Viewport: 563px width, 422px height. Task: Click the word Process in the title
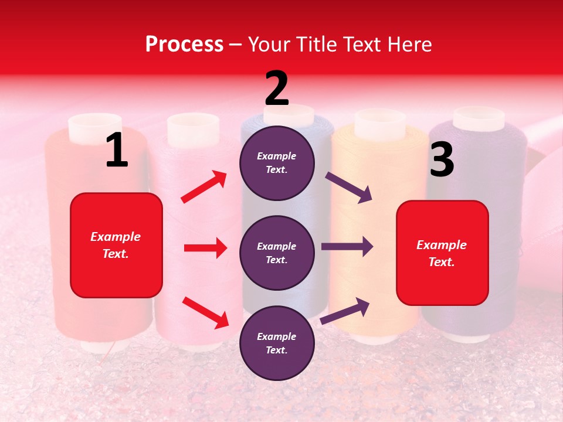coord(184,44)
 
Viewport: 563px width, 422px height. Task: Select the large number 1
coord(117,150)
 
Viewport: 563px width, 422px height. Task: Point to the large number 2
coord(277,88)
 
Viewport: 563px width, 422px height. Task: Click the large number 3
coord(442,159)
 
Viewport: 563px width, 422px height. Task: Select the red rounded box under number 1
coord(116,245)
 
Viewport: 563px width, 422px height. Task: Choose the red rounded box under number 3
coord(442,253)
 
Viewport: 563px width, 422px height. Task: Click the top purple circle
coord(277,163)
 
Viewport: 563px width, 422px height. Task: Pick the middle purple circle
coord(277,253)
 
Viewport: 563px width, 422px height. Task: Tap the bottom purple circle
coord(277,343)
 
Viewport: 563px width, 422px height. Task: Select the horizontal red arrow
coord(205,248)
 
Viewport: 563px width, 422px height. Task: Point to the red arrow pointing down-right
coord(205,312)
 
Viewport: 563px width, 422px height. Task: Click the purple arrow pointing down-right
coord(349,188)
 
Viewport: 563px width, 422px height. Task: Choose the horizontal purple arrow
coord(347,246)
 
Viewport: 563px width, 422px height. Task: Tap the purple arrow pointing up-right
coord(345,311)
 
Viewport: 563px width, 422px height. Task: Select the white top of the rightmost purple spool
coord(479,118)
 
